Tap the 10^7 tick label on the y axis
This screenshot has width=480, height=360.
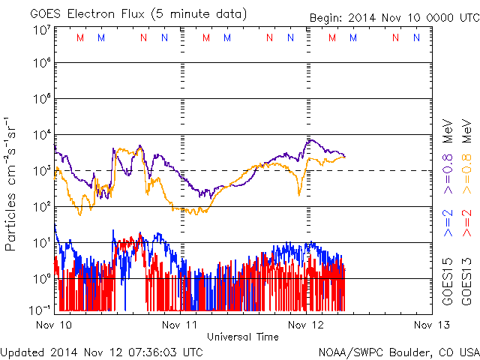click(41, 30)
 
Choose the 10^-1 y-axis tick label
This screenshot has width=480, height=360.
click(40, 309)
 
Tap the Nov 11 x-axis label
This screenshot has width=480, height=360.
click(181, 325)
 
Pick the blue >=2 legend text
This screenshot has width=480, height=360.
click(448, 223)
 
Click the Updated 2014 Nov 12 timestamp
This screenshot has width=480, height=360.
click(101, 351)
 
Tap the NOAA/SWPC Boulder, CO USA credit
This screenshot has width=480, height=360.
click(398, 351)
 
